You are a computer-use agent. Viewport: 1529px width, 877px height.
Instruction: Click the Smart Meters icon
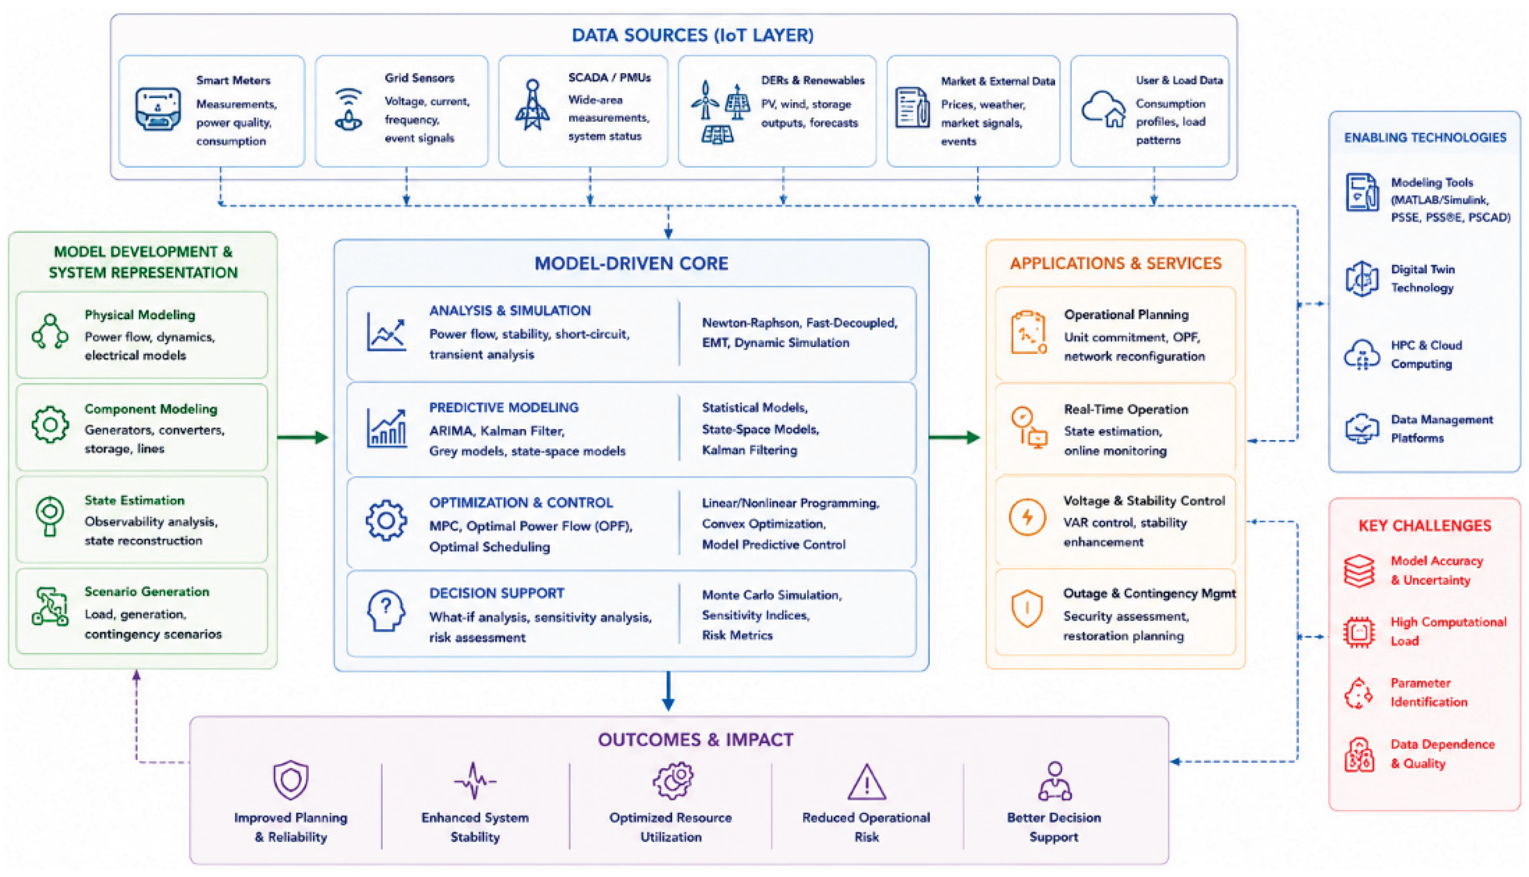tap(158, 109)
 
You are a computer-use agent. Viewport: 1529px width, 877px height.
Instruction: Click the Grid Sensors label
tap(419, 78)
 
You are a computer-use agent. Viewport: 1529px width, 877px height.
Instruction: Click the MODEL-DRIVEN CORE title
tap(631, 263)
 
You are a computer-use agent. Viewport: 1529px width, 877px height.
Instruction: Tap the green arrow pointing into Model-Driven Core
tap(303, 437)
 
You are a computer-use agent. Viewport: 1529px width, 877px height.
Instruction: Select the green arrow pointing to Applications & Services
tap(955, 437)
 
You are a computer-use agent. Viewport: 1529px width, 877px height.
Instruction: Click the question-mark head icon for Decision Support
tap(386, 610)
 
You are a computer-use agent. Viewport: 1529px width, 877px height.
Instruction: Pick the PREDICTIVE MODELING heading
tap(504, 407)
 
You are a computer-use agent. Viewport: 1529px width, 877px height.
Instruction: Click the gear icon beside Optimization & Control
tap(386, 520)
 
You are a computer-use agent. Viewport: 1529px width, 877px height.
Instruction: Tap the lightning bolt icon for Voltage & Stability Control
tap(1027, 517)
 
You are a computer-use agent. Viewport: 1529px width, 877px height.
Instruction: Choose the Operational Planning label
tap(1126, 315)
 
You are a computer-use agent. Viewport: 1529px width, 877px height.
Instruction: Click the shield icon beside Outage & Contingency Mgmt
tap(1026, 608)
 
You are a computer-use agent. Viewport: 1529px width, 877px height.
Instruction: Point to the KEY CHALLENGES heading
tap(1425, 526)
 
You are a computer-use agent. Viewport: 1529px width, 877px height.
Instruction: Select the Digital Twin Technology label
tap(1422, 278)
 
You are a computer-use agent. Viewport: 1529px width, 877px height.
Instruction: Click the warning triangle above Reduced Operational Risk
tap(867, 782)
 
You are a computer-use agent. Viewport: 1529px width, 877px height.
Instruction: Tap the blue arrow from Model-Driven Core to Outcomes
tap(668, 691)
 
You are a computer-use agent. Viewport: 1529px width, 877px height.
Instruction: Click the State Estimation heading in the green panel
tap(134, 500)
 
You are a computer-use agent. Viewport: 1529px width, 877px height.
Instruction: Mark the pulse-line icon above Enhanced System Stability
tap(475, 781)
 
